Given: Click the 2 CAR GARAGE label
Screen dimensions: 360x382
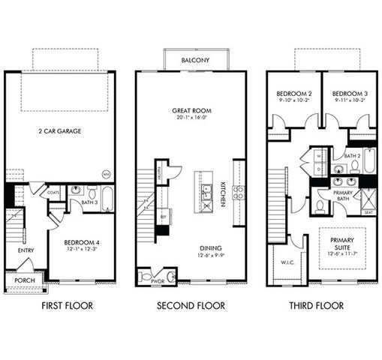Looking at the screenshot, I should pyautogui.click(x=59, y=131).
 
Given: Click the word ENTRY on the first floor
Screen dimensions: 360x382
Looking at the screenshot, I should pyautogui.click(x=15, y=250).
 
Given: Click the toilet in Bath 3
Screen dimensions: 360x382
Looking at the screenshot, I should pyautogui.click(x=91, y=191).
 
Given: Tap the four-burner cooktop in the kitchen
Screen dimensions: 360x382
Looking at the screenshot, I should pyautogui.click(x=239, y=192).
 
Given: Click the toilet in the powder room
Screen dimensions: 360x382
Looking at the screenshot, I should pyautogui.click(x=170, y=277).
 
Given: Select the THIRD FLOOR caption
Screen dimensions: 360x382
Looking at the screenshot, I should pyautogui.click(x=317, y=306).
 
